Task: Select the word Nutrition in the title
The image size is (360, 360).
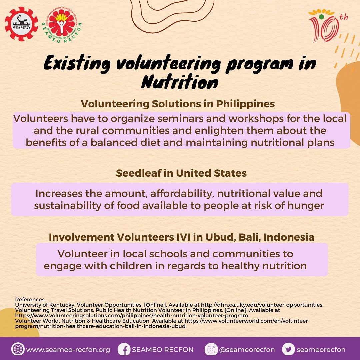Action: [180, 82]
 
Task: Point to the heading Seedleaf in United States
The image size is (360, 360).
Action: [181, 173]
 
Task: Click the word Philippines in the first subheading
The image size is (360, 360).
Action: [245, 104]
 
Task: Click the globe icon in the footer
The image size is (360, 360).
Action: [17, 349]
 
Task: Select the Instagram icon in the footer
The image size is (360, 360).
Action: [211, 349]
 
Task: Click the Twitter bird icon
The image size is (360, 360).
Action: [288, 349]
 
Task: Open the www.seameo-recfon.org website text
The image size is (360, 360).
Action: [68, 350]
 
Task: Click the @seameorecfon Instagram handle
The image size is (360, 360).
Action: [247, 350]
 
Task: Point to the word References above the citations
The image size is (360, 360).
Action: [30, 300]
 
